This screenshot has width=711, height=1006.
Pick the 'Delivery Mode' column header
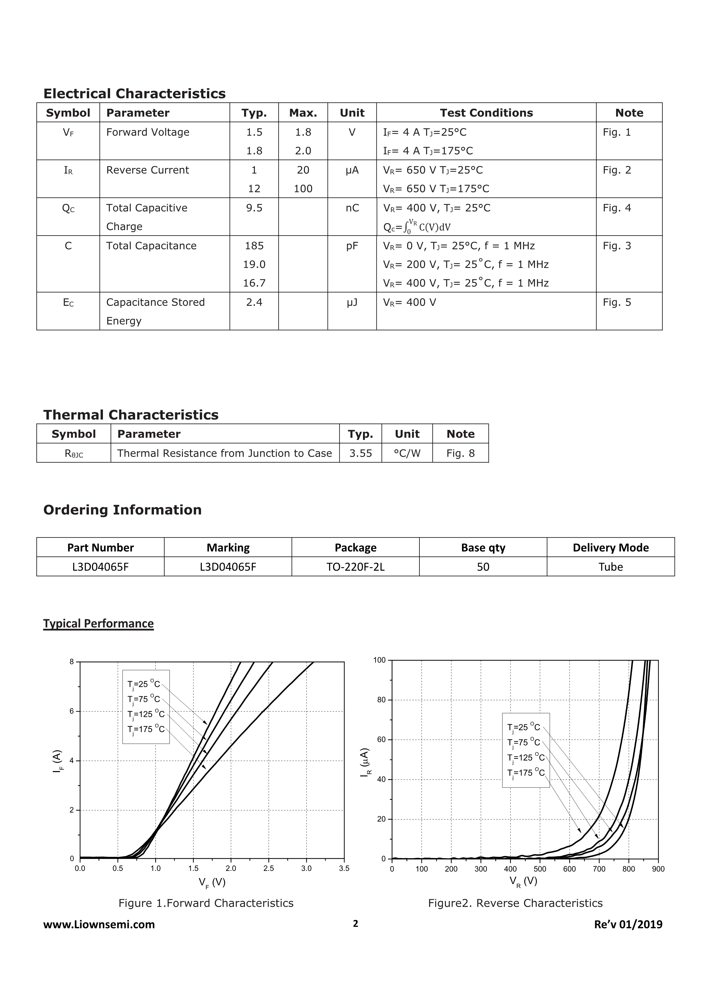(610, 547)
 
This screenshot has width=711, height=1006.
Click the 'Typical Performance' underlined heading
(99, 624)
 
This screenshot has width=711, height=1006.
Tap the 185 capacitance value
(254, 246)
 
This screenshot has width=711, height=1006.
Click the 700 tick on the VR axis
(599, 869)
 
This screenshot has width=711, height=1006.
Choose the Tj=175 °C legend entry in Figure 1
(146, 729)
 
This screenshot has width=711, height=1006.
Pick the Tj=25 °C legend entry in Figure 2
(523, 727)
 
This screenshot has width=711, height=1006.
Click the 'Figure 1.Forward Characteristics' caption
(206, 903)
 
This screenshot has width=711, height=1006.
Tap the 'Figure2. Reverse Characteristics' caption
(515, 903)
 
